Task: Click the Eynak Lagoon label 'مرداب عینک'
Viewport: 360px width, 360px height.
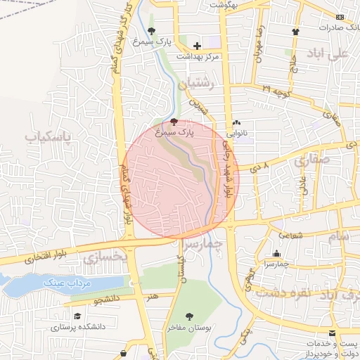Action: (x=65, y=283)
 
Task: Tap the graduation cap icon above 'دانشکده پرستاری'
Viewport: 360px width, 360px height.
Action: (x=77, y=316)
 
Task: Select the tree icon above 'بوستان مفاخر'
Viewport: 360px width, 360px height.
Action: (x=188, y=316)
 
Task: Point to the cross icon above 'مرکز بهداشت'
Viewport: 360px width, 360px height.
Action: (x=198, y=46)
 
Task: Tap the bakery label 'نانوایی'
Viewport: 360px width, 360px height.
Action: (x=236, y=131)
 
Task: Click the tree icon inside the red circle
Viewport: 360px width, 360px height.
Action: (x=174, y=122)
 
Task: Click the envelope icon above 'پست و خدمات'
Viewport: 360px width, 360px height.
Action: (x=333, y=331)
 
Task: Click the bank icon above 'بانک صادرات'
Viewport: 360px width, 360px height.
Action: (x=340, y=17)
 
